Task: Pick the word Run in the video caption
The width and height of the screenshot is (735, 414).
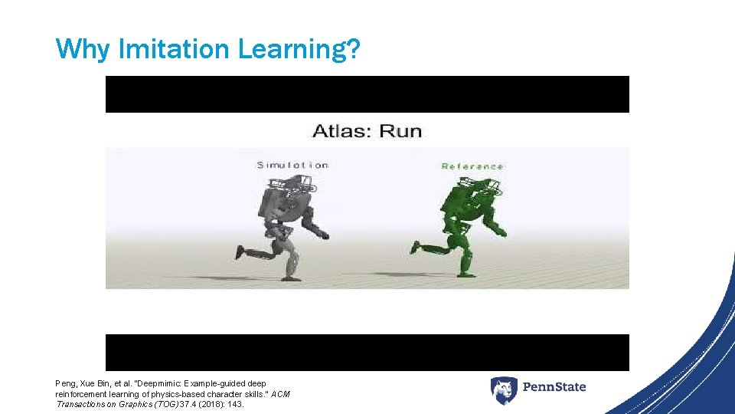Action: click(400, 130)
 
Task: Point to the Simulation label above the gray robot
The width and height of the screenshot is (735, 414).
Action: click(292, 165)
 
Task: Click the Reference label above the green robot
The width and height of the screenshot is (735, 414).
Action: click(472, 166)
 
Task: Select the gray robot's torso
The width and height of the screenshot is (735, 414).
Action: click(277, 199)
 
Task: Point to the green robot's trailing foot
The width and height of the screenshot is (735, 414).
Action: click(416, 246)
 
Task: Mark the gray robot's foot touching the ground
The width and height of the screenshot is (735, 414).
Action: click(291, 277)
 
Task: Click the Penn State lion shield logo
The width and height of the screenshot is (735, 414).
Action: click(504, 390)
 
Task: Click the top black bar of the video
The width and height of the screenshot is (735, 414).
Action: click(367, 94)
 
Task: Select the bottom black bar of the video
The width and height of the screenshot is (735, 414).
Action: click(367, 352)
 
